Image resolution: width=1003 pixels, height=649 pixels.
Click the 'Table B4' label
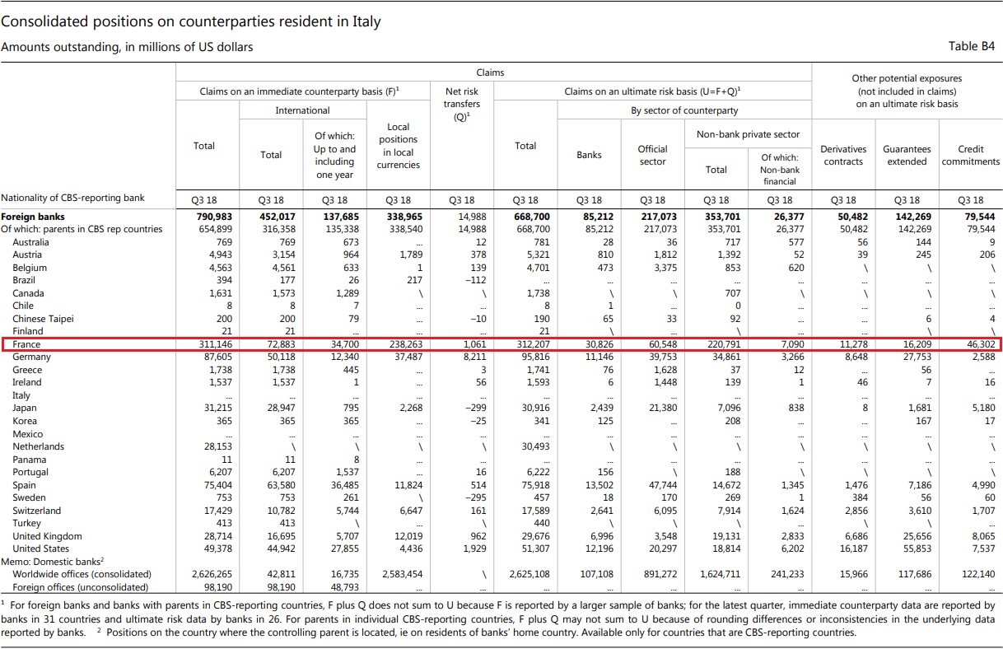pos(971,46)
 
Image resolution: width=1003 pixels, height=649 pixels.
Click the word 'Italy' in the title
pos(366,21)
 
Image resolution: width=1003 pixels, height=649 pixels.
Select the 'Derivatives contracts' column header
pos(843,155)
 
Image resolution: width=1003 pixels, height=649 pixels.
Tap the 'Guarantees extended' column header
pos(907,155)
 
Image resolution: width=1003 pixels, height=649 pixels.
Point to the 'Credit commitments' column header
pos(970,155)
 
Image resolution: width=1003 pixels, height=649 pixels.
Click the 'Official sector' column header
pos(652,155)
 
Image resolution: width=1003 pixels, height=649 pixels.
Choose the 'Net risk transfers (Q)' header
pos(462,104)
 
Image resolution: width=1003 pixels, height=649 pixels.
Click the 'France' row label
pos(26,344)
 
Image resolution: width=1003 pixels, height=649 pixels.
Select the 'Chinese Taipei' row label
pos(43,319)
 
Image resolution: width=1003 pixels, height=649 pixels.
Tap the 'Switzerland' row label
pos(37,511)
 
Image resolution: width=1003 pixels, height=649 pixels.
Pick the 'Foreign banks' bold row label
pos(33,217)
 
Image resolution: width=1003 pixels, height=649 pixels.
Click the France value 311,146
pos(216,344)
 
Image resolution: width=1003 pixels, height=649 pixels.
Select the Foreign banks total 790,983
pos(214,217)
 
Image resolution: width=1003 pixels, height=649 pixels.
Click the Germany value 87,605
pos(217,357)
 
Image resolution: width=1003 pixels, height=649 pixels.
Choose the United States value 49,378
pos(217,549)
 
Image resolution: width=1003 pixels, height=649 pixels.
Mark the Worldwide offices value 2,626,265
pos(212,574)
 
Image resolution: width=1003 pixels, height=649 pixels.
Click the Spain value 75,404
pos(217,485)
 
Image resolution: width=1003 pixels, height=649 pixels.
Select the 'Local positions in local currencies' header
pos(398,146)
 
